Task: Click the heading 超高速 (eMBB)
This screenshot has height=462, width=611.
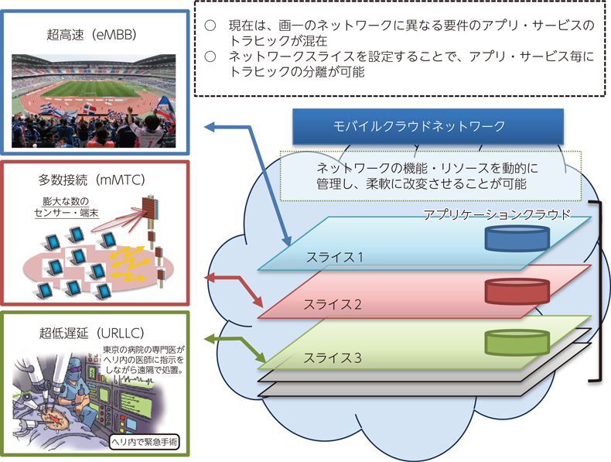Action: pos(91,35)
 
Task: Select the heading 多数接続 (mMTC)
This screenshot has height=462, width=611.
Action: pos(91,180)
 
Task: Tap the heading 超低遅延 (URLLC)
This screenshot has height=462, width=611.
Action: pos(91,333)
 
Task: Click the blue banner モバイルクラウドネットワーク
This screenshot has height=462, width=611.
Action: pos(428,126)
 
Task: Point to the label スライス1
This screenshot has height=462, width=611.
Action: pos(334,258)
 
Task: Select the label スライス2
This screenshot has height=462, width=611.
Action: pos(333,304)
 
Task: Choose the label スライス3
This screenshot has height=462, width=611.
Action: pos(333,358)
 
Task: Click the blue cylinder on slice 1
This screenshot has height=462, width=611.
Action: pos(517,238)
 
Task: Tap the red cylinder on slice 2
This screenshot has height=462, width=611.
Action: pos(517,291)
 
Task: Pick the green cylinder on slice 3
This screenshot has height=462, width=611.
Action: pos(517,343)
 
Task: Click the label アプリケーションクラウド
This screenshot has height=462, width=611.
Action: pos(497,214)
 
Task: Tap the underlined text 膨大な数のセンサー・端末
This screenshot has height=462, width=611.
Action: pos(67,207)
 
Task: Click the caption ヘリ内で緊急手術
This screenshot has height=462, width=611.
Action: pos(144,442)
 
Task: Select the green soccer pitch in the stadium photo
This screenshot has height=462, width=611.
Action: pos(90,89)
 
